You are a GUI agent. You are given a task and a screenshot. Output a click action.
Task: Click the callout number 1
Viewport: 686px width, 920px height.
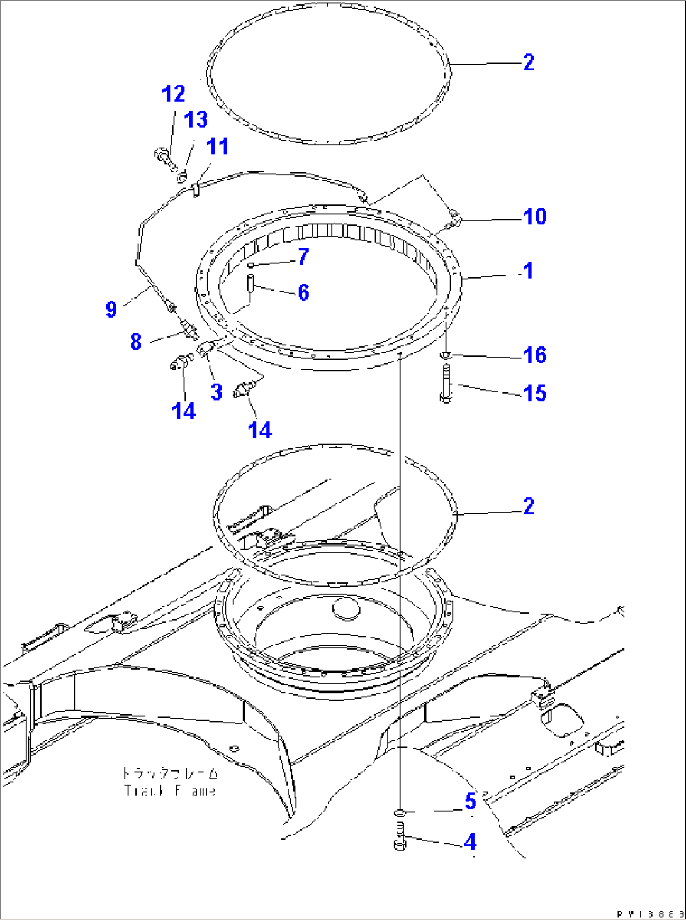[527, 271]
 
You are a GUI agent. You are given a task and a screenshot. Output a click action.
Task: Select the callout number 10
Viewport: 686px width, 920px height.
[534, 217]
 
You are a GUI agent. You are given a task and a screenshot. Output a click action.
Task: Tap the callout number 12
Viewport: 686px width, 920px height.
[173, 94]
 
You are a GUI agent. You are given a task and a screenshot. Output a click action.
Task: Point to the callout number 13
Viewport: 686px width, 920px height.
[196, 119]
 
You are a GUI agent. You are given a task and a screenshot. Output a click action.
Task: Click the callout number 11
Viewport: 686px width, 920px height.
[218, 147]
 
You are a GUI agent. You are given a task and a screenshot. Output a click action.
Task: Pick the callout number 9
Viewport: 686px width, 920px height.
[111, 309]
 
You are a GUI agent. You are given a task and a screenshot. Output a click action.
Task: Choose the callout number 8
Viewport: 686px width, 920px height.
[136, 341]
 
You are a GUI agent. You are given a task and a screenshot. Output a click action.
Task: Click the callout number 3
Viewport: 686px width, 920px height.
[216, 392]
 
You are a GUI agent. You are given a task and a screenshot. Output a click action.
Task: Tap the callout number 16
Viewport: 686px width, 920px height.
[534, 355]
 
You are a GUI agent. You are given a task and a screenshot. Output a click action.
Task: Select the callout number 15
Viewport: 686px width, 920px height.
[534, 394]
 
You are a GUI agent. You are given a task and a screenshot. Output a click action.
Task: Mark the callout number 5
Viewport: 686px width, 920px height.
[470, 802]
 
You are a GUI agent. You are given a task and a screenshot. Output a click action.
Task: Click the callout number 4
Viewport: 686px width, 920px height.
[470, 842]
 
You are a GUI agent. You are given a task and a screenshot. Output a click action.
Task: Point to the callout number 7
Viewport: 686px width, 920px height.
[303, 257]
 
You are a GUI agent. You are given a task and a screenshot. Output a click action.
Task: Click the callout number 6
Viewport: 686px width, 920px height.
[303, 292]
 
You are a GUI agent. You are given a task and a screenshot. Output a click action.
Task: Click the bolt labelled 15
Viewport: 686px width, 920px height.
[446, 384]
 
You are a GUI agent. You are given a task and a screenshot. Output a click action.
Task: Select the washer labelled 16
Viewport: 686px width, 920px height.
[446, 356]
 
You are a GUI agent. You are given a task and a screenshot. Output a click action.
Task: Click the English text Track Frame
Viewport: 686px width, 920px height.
[170, 790]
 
